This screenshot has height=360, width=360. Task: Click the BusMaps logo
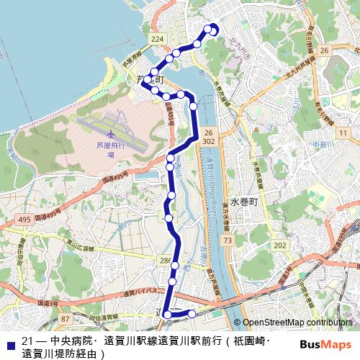[325, 343]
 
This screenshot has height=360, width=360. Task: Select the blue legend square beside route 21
[10, 341]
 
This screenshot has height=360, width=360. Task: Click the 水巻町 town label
[242, 202]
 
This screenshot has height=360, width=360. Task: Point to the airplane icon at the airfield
[109, 134]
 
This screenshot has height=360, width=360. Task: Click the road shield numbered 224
[158, 39]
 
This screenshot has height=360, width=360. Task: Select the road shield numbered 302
[209, 142]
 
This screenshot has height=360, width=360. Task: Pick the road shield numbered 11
[344, 133]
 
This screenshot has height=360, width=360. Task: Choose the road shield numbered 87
[66, 318]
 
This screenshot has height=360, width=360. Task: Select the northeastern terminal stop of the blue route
[213, 29]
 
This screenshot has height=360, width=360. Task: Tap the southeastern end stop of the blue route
[192, 313]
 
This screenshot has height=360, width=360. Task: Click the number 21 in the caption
[27, 341]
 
